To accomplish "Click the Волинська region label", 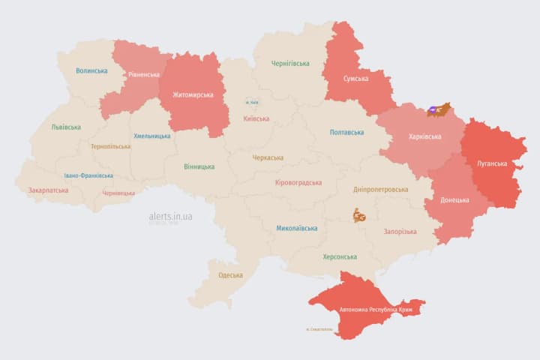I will (91, 70).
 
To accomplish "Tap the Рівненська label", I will (143, 75).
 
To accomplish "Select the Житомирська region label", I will (193, 94).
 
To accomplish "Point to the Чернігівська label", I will (289, 64).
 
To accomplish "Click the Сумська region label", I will (355, 79).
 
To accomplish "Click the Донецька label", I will (454, 200).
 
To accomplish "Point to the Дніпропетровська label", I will (382, 190).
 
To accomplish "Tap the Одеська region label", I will (230, 275).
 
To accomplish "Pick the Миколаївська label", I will (296, 228).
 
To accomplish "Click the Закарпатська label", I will (48, 190).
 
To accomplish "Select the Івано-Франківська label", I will (88, 175).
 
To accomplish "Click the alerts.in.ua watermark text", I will (171, 216).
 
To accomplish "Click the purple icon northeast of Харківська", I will (434, 110).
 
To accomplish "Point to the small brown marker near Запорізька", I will (359, 217).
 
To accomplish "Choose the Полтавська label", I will (346, 132).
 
